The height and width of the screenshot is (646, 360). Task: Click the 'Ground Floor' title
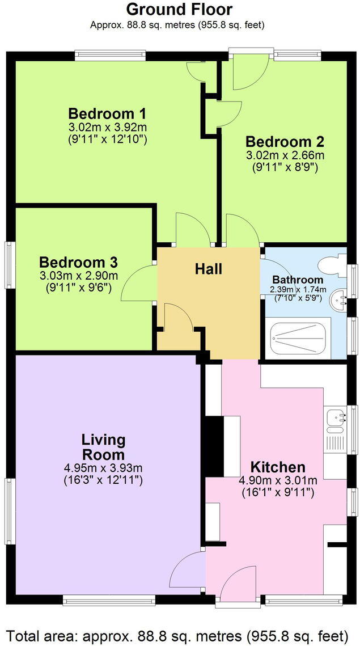point(179,10)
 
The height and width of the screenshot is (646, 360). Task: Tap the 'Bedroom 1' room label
point(108,112)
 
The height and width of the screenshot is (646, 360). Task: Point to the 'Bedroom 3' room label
point(78,263)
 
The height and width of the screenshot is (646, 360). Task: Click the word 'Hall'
point(209,269)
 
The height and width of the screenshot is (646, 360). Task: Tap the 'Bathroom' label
point(298,280)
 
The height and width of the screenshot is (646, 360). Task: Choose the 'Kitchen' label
point(278,467)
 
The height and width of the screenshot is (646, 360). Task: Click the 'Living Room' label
point(103,447)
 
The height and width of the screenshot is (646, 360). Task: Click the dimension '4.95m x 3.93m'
point(103,468)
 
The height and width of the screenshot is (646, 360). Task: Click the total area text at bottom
point(179,634)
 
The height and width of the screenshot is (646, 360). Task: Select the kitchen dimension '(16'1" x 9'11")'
point(278,493)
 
